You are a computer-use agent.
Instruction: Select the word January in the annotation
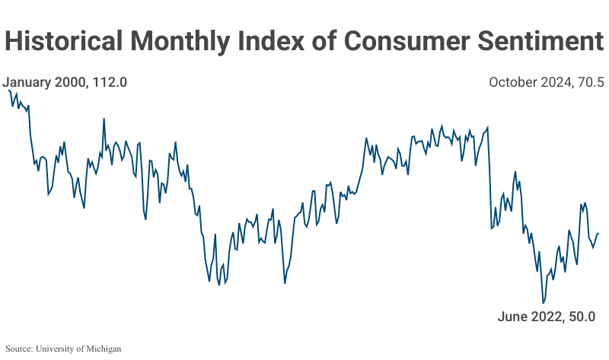pyautogui.click(x=27, y=82)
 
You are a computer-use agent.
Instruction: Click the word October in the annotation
pyautogui.click(x=513, y=82)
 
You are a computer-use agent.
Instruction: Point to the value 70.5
pyautogui.click(x=589, y=82)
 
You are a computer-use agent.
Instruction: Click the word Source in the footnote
pyautogui.click(x=20, y=349)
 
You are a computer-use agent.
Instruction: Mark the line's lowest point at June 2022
pyautogui.click(x=544, y=303)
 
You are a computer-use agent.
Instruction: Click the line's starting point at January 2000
pyautogui.click(x=8, y=90)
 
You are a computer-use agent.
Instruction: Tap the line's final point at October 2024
pyautogui.click(x=599, y=234)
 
